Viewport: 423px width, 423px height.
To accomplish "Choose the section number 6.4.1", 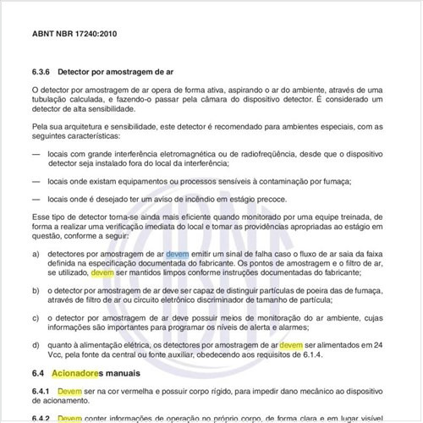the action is [x=43, y=393].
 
